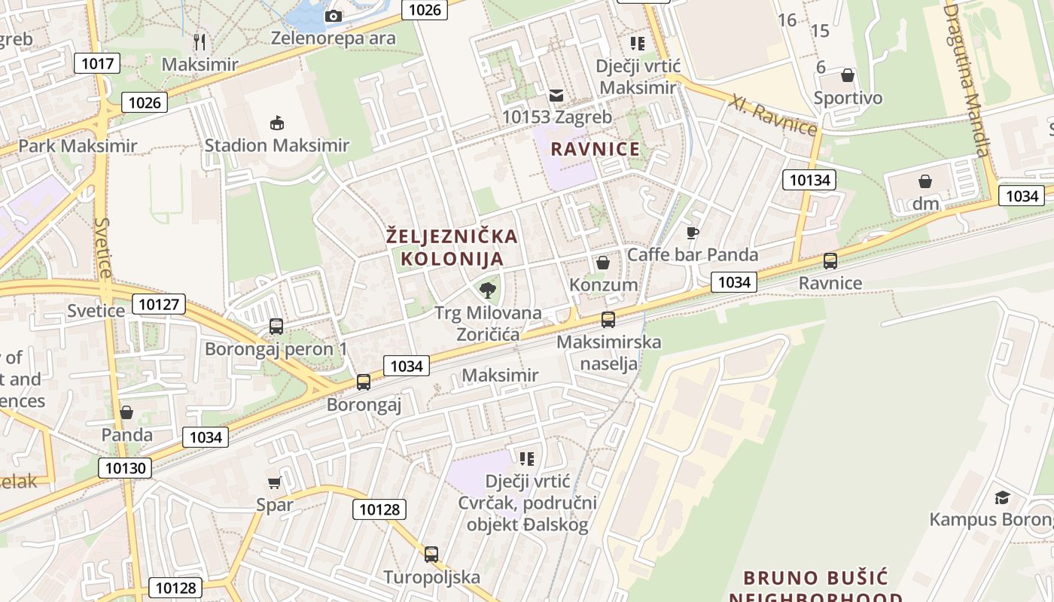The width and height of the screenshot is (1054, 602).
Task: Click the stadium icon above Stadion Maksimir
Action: click(277, 123)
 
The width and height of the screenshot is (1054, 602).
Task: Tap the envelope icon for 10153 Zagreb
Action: click(556, 95)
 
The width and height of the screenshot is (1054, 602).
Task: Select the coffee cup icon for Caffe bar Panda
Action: click(693, 233)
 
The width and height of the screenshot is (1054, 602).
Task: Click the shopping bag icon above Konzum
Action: click(603, 263)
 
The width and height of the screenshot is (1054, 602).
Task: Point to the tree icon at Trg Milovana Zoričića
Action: click(488, 290)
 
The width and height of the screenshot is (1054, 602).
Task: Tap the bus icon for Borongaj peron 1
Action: click(276, 327)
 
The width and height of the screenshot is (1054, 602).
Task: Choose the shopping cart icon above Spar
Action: click(274, 482)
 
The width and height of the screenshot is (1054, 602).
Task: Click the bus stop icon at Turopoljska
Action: click(431, 555)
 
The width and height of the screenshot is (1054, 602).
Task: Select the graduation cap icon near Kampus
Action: click(1002, 497)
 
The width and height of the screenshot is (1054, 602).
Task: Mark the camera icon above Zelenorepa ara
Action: click(333, 16)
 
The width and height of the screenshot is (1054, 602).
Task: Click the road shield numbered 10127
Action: click(158, 304)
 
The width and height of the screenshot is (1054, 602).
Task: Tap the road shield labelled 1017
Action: click(97, 63)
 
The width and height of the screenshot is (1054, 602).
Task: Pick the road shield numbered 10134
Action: click(810, 179)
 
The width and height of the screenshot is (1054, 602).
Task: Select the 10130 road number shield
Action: click(124, 468)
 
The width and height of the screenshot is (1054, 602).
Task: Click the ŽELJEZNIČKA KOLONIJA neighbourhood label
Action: click(452, 248)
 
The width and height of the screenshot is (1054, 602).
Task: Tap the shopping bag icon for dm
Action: click(925, 181)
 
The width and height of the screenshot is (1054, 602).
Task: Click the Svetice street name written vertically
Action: click(104, 248)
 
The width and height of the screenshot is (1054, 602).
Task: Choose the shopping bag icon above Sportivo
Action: click(848, 75)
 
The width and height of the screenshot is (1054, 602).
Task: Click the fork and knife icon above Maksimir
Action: click(200, 41)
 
